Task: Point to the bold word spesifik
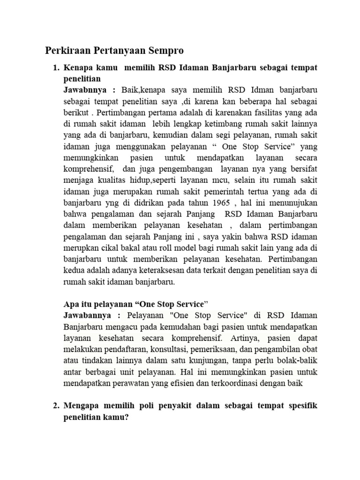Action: pyautogui.click(x=301, y=405)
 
